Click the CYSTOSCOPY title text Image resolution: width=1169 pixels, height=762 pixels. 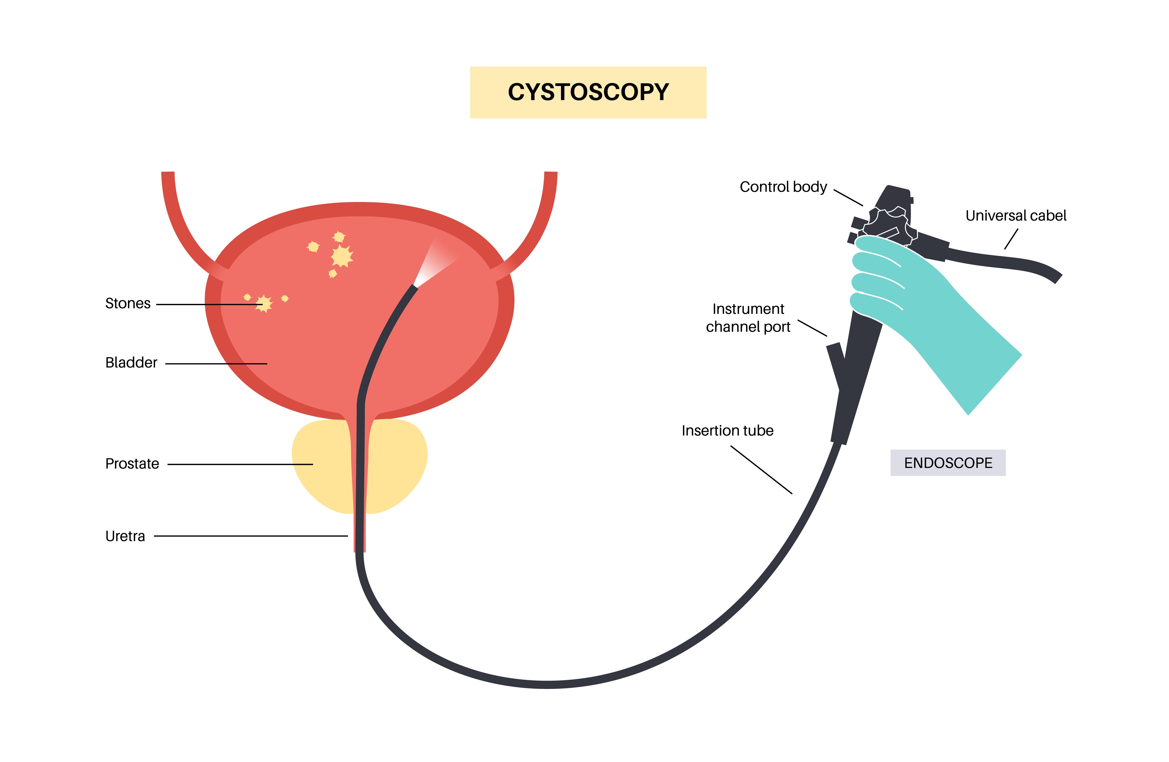[588, 92]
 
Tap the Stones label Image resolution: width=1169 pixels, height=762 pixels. [128, 304]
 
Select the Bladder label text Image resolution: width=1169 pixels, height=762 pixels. [131, 363]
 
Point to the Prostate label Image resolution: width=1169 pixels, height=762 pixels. [132, 464]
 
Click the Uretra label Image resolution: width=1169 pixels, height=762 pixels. [125, 536]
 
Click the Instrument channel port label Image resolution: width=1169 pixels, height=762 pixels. [748, 318]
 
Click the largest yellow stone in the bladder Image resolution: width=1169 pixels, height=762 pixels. [342, 256]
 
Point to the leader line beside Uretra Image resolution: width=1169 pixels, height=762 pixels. [251, 536]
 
